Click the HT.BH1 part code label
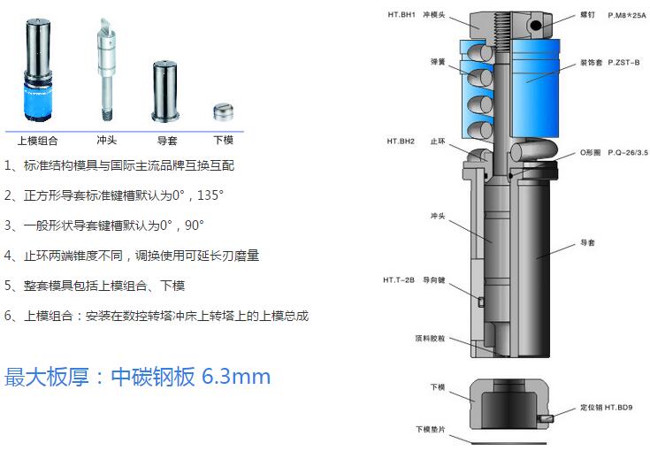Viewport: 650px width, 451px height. tap(401, 15)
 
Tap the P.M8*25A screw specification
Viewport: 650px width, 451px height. tap(627, 15)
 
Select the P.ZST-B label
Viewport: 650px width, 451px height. tap(623, 63)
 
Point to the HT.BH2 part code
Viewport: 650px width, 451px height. tap(401, 141)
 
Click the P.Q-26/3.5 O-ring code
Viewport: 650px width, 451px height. tap(628, 152)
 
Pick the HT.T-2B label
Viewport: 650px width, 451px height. tap(398, 280)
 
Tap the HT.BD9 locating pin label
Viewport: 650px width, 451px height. tap(618, 408)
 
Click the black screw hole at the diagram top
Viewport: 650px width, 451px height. tap(536, 26)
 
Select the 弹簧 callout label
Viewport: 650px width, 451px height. tap(438, 62)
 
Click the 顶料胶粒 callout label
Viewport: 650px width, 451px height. tap(430, 339)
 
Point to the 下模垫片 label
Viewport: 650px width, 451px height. tap(431, 430)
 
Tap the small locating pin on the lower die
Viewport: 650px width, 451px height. tap(546, 418)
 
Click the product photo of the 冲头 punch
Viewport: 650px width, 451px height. tap(106, 69)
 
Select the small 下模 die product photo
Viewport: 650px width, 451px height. tap(224, 111)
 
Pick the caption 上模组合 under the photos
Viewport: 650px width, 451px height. tap(37, 141)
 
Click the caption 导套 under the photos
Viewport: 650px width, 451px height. tap(167, 141)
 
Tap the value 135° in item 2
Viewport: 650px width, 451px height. tap(210, 195)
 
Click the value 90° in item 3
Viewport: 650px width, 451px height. tap(195, 225)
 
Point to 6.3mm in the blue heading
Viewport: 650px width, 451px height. tap(236, 377)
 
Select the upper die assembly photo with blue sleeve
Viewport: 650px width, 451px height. tap(38, 70)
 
